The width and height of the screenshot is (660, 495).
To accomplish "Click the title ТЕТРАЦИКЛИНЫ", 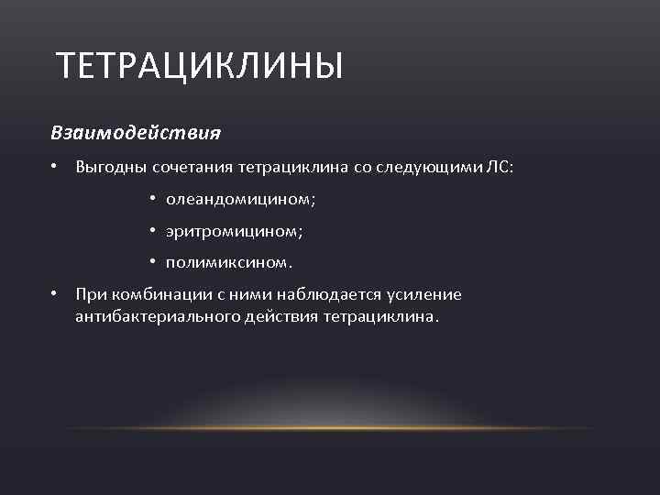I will point(199,67).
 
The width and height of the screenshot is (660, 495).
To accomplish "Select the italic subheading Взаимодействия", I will point(136,133).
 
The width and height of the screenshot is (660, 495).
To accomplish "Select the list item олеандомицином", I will point(243,200).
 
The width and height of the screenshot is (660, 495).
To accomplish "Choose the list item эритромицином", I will point(234,232).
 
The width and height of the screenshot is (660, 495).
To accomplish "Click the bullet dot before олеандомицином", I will point(152,200).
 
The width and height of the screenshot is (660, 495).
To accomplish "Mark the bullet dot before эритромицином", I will point(152,232).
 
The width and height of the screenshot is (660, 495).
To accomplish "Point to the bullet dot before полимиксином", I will point(152,264).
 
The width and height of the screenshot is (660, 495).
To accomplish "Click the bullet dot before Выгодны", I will point(55,168).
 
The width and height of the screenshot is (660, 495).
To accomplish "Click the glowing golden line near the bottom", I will point(330,427).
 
